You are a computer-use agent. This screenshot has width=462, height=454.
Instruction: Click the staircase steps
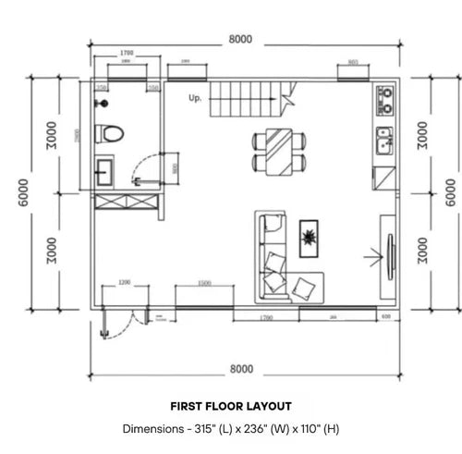[x=245, y=96]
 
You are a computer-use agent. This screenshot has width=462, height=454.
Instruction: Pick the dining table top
[x=278, y=150]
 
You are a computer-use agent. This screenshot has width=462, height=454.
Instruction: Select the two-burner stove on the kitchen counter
[x=384, y=100]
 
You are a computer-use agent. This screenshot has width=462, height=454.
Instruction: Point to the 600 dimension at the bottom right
[x=384, y=316]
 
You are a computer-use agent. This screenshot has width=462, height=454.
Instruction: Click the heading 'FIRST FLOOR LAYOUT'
[x=231, y=406]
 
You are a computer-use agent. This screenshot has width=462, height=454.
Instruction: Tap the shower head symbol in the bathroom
[x=108, y=100]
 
